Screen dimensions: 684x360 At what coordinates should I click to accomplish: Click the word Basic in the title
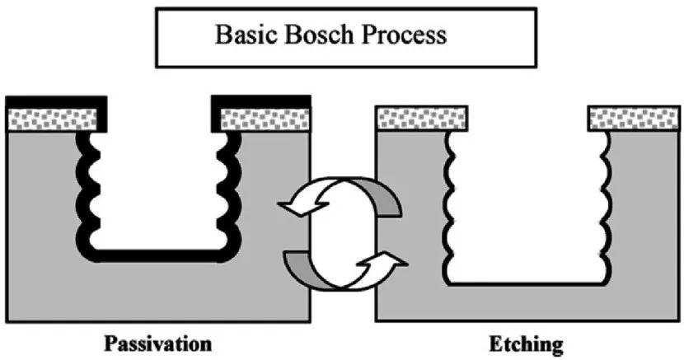[246, 35]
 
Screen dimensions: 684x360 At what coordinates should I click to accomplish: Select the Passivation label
[158, 344]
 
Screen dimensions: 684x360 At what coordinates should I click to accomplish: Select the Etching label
[526, 344]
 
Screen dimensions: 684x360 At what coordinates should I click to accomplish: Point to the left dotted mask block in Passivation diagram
[53, 119]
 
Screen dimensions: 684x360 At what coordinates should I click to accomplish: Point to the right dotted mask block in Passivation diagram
[265, 119]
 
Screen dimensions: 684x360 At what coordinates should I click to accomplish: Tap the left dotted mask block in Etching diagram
[422, 118]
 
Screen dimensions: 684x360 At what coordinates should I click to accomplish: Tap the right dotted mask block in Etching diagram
[634, 118]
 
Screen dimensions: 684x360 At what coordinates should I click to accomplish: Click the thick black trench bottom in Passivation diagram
[158, 256]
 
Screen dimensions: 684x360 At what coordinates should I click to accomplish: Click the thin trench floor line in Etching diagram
[527, 283]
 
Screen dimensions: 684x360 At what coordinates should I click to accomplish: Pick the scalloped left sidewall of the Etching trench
[449, 207]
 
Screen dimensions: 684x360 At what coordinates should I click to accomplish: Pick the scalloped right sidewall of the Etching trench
[606, 207]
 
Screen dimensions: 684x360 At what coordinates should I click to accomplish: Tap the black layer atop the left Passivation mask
[56, 101]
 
